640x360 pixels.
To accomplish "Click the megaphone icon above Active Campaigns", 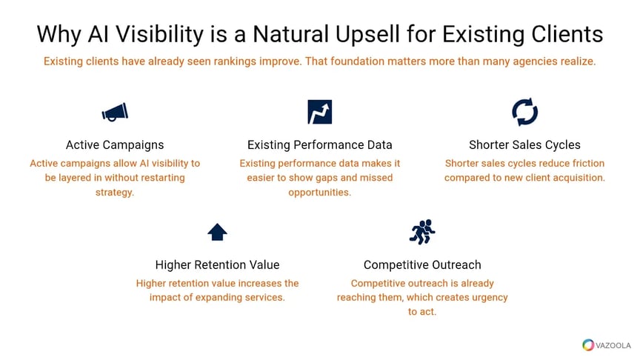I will (115, 112).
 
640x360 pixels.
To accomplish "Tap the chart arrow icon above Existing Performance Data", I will (319, 112).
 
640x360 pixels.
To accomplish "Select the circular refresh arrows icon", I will (524, 112).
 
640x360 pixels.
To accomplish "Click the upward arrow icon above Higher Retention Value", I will (217, 233).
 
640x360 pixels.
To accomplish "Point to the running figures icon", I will (422, 232).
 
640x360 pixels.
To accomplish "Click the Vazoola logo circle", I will (588, 344).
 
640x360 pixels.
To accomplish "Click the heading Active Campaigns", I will (115, 144).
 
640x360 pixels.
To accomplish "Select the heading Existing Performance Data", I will (319, 144).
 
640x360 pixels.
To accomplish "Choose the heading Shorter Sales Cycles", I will (524, 144).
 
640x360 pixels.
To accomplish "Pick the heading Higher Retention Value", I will (217, 264).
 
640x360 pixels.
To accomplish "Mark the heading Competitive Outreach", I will (422, 264).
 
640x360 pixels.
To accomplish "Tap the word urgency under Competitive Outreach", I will (484, 297).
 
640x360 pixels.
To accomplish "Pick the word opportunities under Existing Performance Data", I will (319, 193).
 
